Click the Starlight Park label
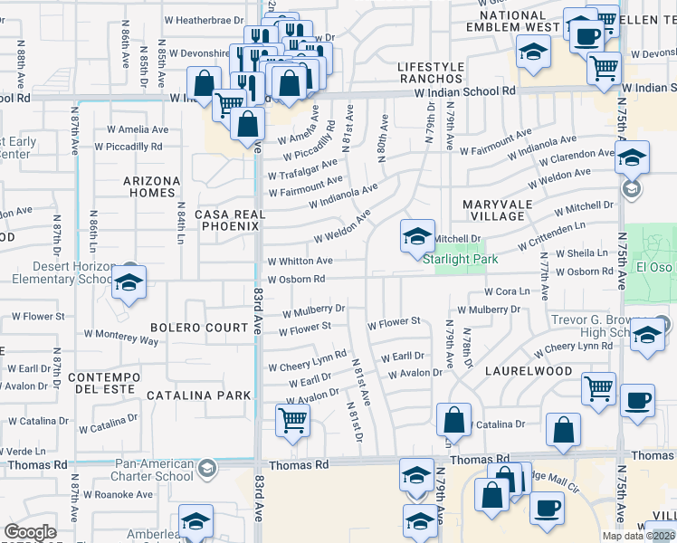pyautogui.click(x=461, y=259)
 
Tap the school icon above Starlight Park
pyautogui.click(x=417, y=236)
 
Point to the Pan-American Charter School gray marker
pyautogui.click(x=207, y=468)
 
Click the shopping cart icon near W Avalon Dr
pyautogui.click(x=292, y=420)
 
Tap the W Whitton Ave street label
pyautogui.click(x=300, y=261)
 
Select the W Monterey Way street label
pyautogui.click(x=120, y=337)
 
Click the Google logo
pyautogui.click(x=30, y=532)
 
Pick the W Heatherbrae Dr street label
pyautogui.click(x=204, y=18)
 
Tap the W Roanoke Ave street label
pyautogui.click(x=119, y=494)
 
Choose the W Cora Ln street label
pyautogui.click(x=506, y=291)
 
